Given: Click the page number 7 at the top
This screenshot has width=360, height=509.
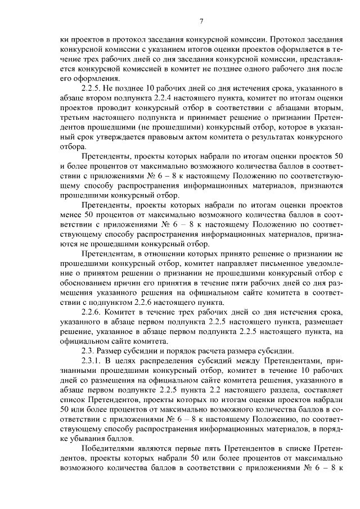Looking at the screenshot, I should tap(201, 21).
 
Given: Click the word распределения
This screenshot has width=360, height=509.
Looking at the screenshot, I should tap(177, 359).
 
